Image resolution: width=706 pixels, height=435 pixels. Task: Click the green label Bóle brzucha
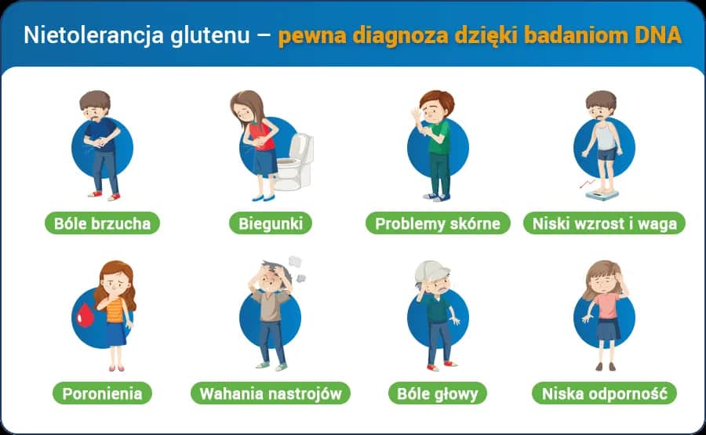click(x=102, y=223)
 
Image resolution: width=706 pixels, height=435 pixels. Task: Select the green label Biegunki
click(x=271, y=223)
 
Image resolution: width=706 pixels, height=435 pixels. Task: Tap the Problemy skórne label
click(x=437, y=223)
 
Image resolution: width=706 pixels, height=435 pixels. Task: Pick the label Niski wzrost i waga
click(x=604, y=223)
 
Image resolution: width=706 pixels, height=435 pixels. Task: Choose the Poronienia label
click(x=102, y=393)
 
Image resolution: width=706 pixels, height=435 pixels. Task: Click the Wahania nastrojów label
click(x=271, y=393)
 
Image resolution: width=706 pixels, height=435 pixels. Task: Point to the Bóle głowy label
click(x=437, y=393)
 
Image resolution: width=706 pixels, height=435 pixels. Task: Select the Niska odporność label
click(x=604, y=393)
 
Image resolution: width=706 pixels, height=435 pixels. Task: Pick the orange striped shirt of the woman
click(x=115, y=310)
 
